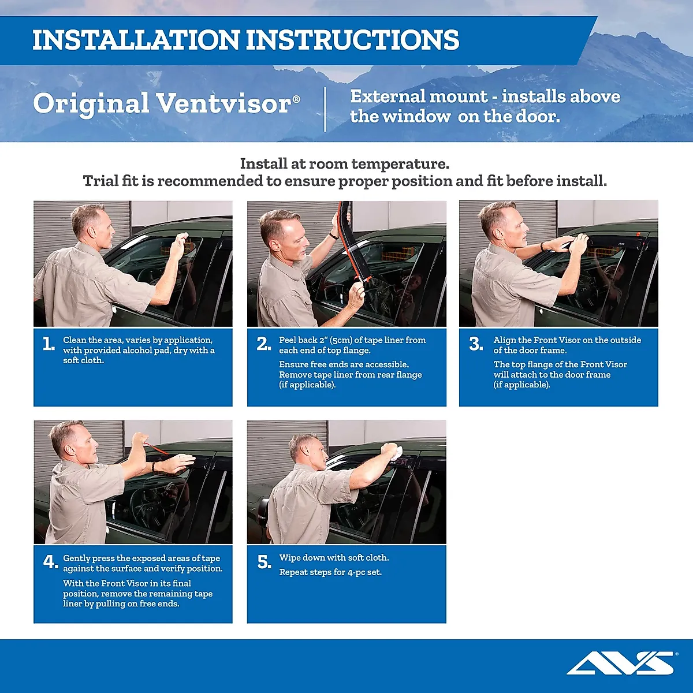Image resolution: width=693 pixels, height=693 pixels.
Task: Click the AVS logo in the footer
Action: pyautogui.click(x=621, y=663)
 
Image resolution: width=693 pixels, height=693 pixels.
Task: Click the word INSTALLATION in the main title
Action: pyautogui.click(x=136, y=40)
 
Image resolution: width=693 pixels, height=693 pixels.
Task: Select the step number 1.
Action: pyautogui.click(x=49, y=344)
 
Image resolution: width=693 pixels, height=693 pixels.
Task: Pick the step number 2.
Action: pyautogui.click(x=264, y=344)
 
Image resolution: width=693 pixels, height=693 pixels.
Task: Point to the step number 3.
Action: pyautogui.click(x=476, y=344)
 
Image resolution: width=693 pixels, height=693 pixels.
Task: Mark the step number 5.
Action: pyautogui.click(x=264, y=562)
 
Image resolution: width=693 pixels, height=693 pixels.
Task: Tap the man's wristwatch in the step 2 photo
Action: pyautogui.click(x=334, y=235)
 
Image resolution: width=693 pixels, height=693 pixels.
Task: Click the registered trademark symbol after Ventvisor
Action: pyautogui.click(x=296, y=99)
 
